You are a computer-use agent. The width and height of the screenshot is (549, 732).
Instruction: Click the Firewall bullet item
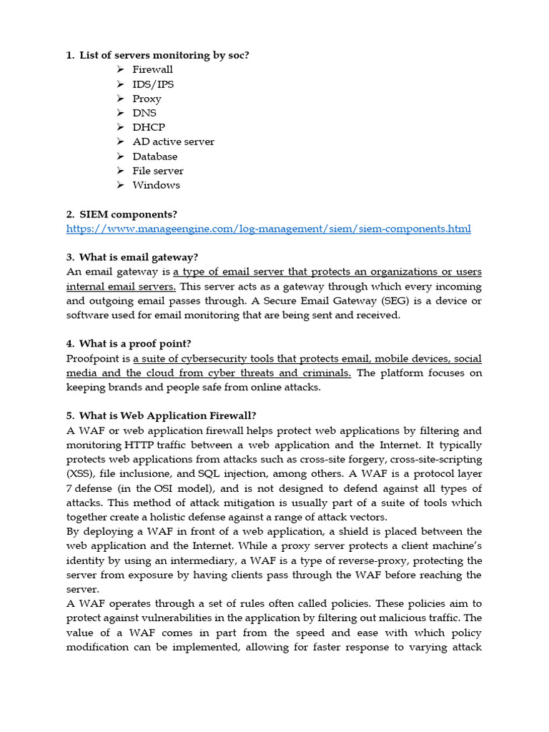point(152,69)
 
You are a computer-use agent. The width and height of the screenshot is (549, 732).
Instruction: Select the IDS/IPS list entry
point(153,84)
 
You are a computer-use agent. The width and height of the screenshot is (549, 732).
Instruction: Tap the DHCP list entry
point(149,127)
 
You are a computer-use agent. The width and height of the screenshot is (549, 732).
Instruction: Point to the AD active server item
point(173,142)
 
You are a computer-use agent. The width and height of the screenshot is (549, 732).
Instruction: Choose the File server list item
point(157,171)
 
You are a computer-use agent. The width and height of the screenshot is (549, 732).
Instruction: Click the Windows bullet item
point(156,185)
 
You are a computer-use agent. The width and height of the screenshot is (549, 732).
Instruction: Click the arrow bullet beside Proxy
point(119,99)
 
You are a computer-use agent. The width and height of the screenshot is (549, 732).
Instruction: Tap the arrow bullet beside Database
point(119,157)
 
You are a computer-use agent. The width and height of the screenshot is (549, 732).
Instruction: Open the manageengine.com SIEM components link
point(269,229)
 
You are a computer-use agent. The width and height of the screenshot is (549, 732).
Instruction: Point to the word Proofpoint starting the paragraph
point(95,359)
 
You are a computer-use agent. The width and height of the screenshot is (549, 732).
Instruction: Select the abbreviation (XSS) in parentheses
point(80,474)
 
